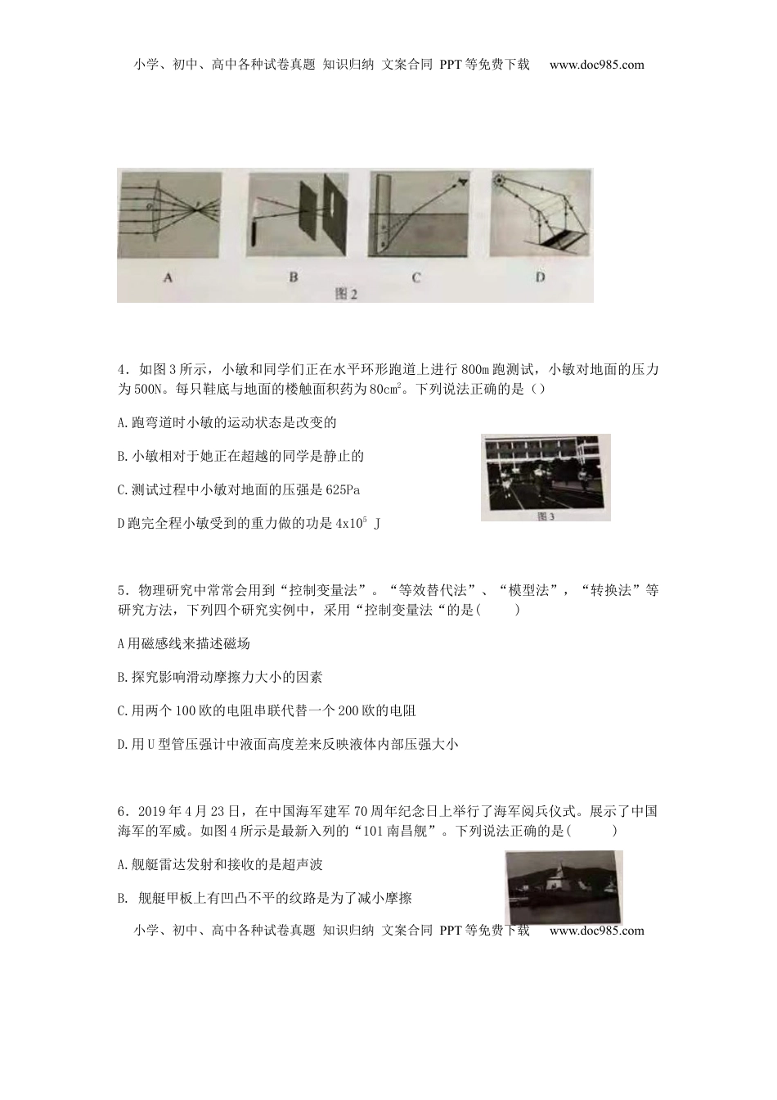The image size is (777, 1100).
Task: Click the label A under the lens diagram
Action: click(168, 277)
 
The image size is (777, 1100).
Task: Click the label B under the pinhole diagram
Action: click(294, 277)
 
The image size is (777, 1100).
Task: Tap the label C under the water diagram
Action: click(416, 277)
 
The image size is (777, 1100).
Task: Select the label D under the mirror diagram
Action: click(540, 277)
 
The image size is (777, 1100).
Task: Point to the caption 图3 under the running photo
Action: click(546, 516)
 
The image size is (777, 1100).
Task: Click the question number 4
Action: click(121, 370)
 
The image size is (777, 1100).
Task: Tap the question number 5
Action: click(121, 591)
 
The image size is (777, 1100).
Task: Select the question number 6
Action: click(121, 812)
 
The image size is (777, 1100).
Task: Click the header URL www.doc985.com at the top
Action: click(596, 65)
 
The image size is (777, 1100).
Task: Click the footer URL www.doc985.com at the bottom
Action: click(596, 931)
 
